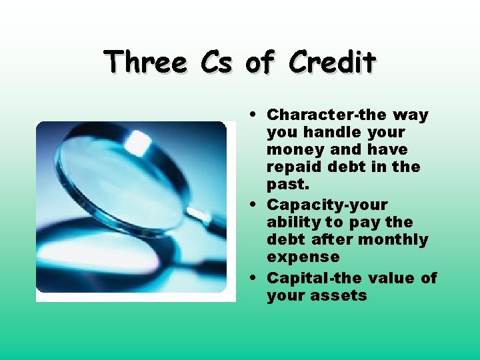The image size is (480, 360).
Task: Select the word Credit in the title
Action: (x=333, y=63)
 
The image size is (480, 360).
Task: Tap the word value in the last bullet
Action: (x=393, y=277)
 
